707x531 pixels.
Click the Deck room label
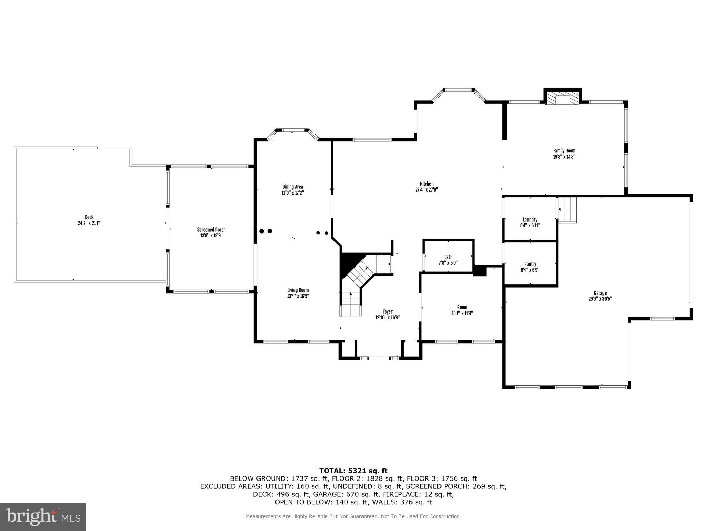click(89, 217)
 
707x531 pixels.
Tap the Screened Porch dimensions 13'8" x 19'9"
click(211, 236)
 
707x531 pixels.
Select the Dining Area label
click(292, 187)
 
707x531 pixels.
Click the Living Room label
click(298, 290)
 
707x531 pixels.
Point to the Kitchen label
click(426, 184)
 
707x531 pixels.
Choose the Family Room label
click(564, 151)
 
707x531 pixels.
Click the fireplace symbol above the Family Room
click(563, 98)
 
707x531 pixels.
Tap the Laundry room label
click(530, 220)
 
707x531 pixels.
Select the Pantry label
click(530, 264)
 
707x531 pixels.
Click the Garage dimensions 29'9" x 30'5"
click(600, 299)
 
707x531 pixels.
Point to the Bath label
click(448, 257)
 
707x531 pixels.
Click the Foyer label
click(387, 311)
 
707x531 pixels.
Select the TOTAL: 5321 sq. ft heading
click(353, 471)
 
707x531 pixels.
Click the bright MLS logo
click(43, 517)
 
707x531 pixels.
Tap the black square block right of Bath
click(479, 271)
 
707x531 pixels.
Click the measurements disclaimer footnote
click(353, 516)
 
